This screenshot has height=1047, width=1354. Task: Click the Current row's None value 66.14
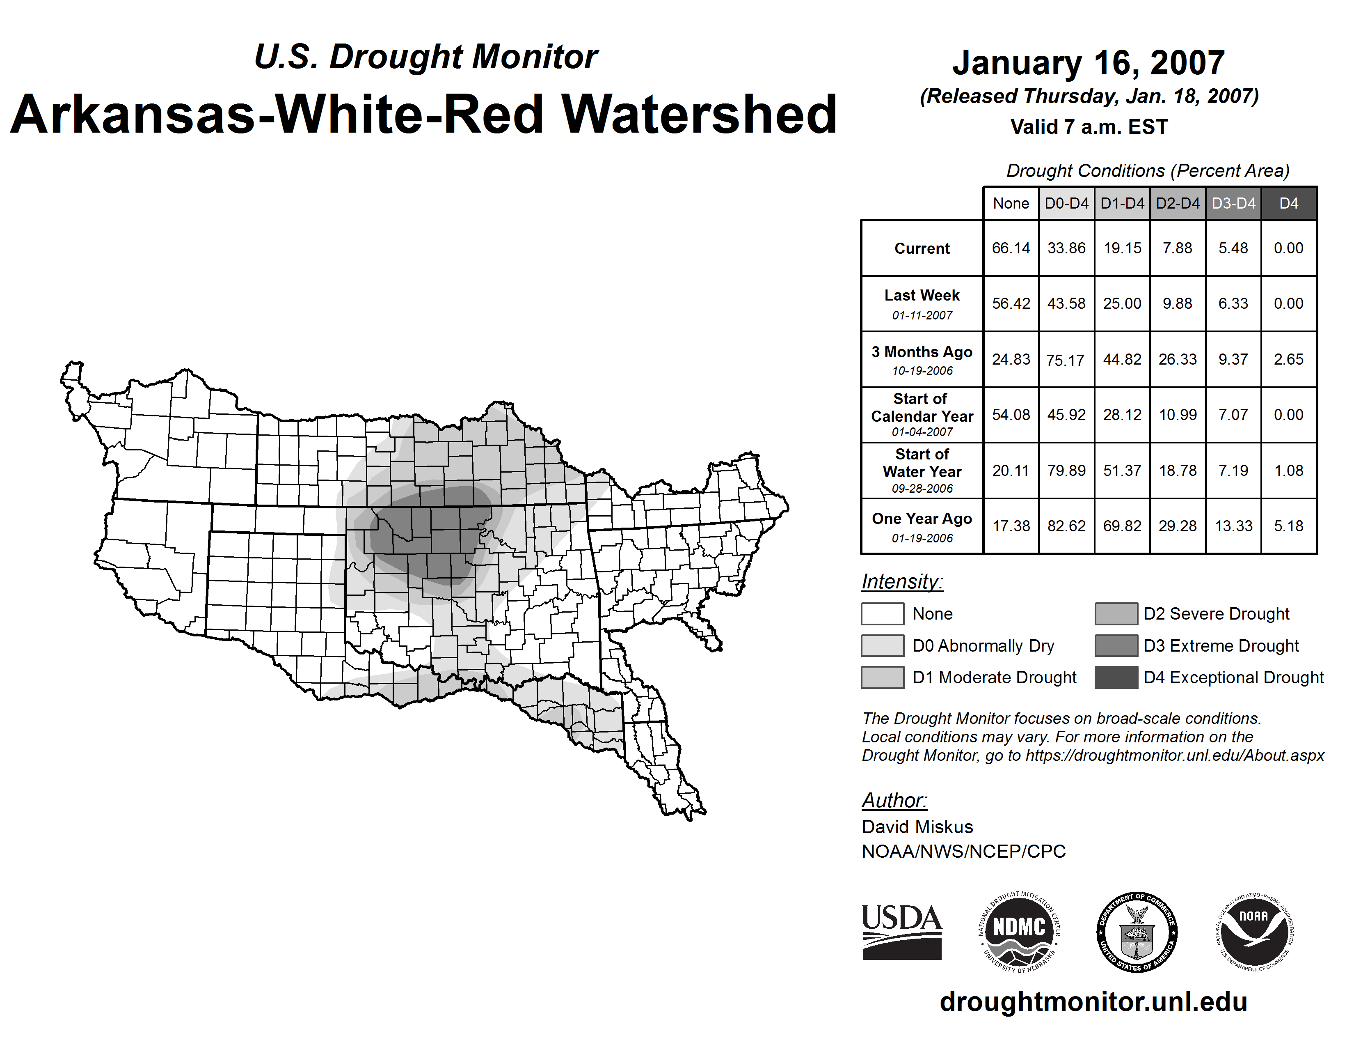(x=1011, y=248)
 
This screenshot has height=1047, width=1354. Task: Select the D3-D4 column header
(x=1233, y=203)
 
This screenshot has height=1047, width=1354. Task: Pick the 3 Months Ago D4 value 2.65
(x=1288, y=359)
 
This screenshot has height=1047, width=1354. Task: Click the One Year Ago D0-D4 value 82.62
(x=1066, y=526)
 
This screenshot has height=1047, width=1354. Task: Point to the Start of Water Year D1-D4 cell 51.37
(x=1122, y=471)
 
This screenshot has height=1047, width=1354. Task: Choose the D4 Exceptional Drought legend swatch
(x=1116, y=677)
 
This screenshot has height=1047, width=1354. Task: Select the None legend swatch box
(x=882, y=613)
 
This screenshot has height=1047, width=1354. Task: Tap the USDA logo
(x=901, y=932)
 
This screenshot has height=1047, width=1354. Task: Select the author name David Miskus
(x=917, y=827)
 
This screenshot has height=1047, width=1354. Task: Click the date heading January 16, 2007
(x=1088, y=63)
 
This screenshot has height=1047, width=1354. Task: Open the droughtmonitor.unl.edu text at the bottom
(x=1093, y=1002)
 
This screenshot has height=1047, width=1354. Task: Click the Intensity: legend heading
(x=902, y=582)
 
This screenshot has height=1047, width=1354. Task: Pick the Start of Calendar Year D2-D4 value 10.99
(x=1177, y=415)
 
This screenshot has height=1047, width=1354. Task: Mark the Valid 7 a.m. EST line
(x=1089, y=127)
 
